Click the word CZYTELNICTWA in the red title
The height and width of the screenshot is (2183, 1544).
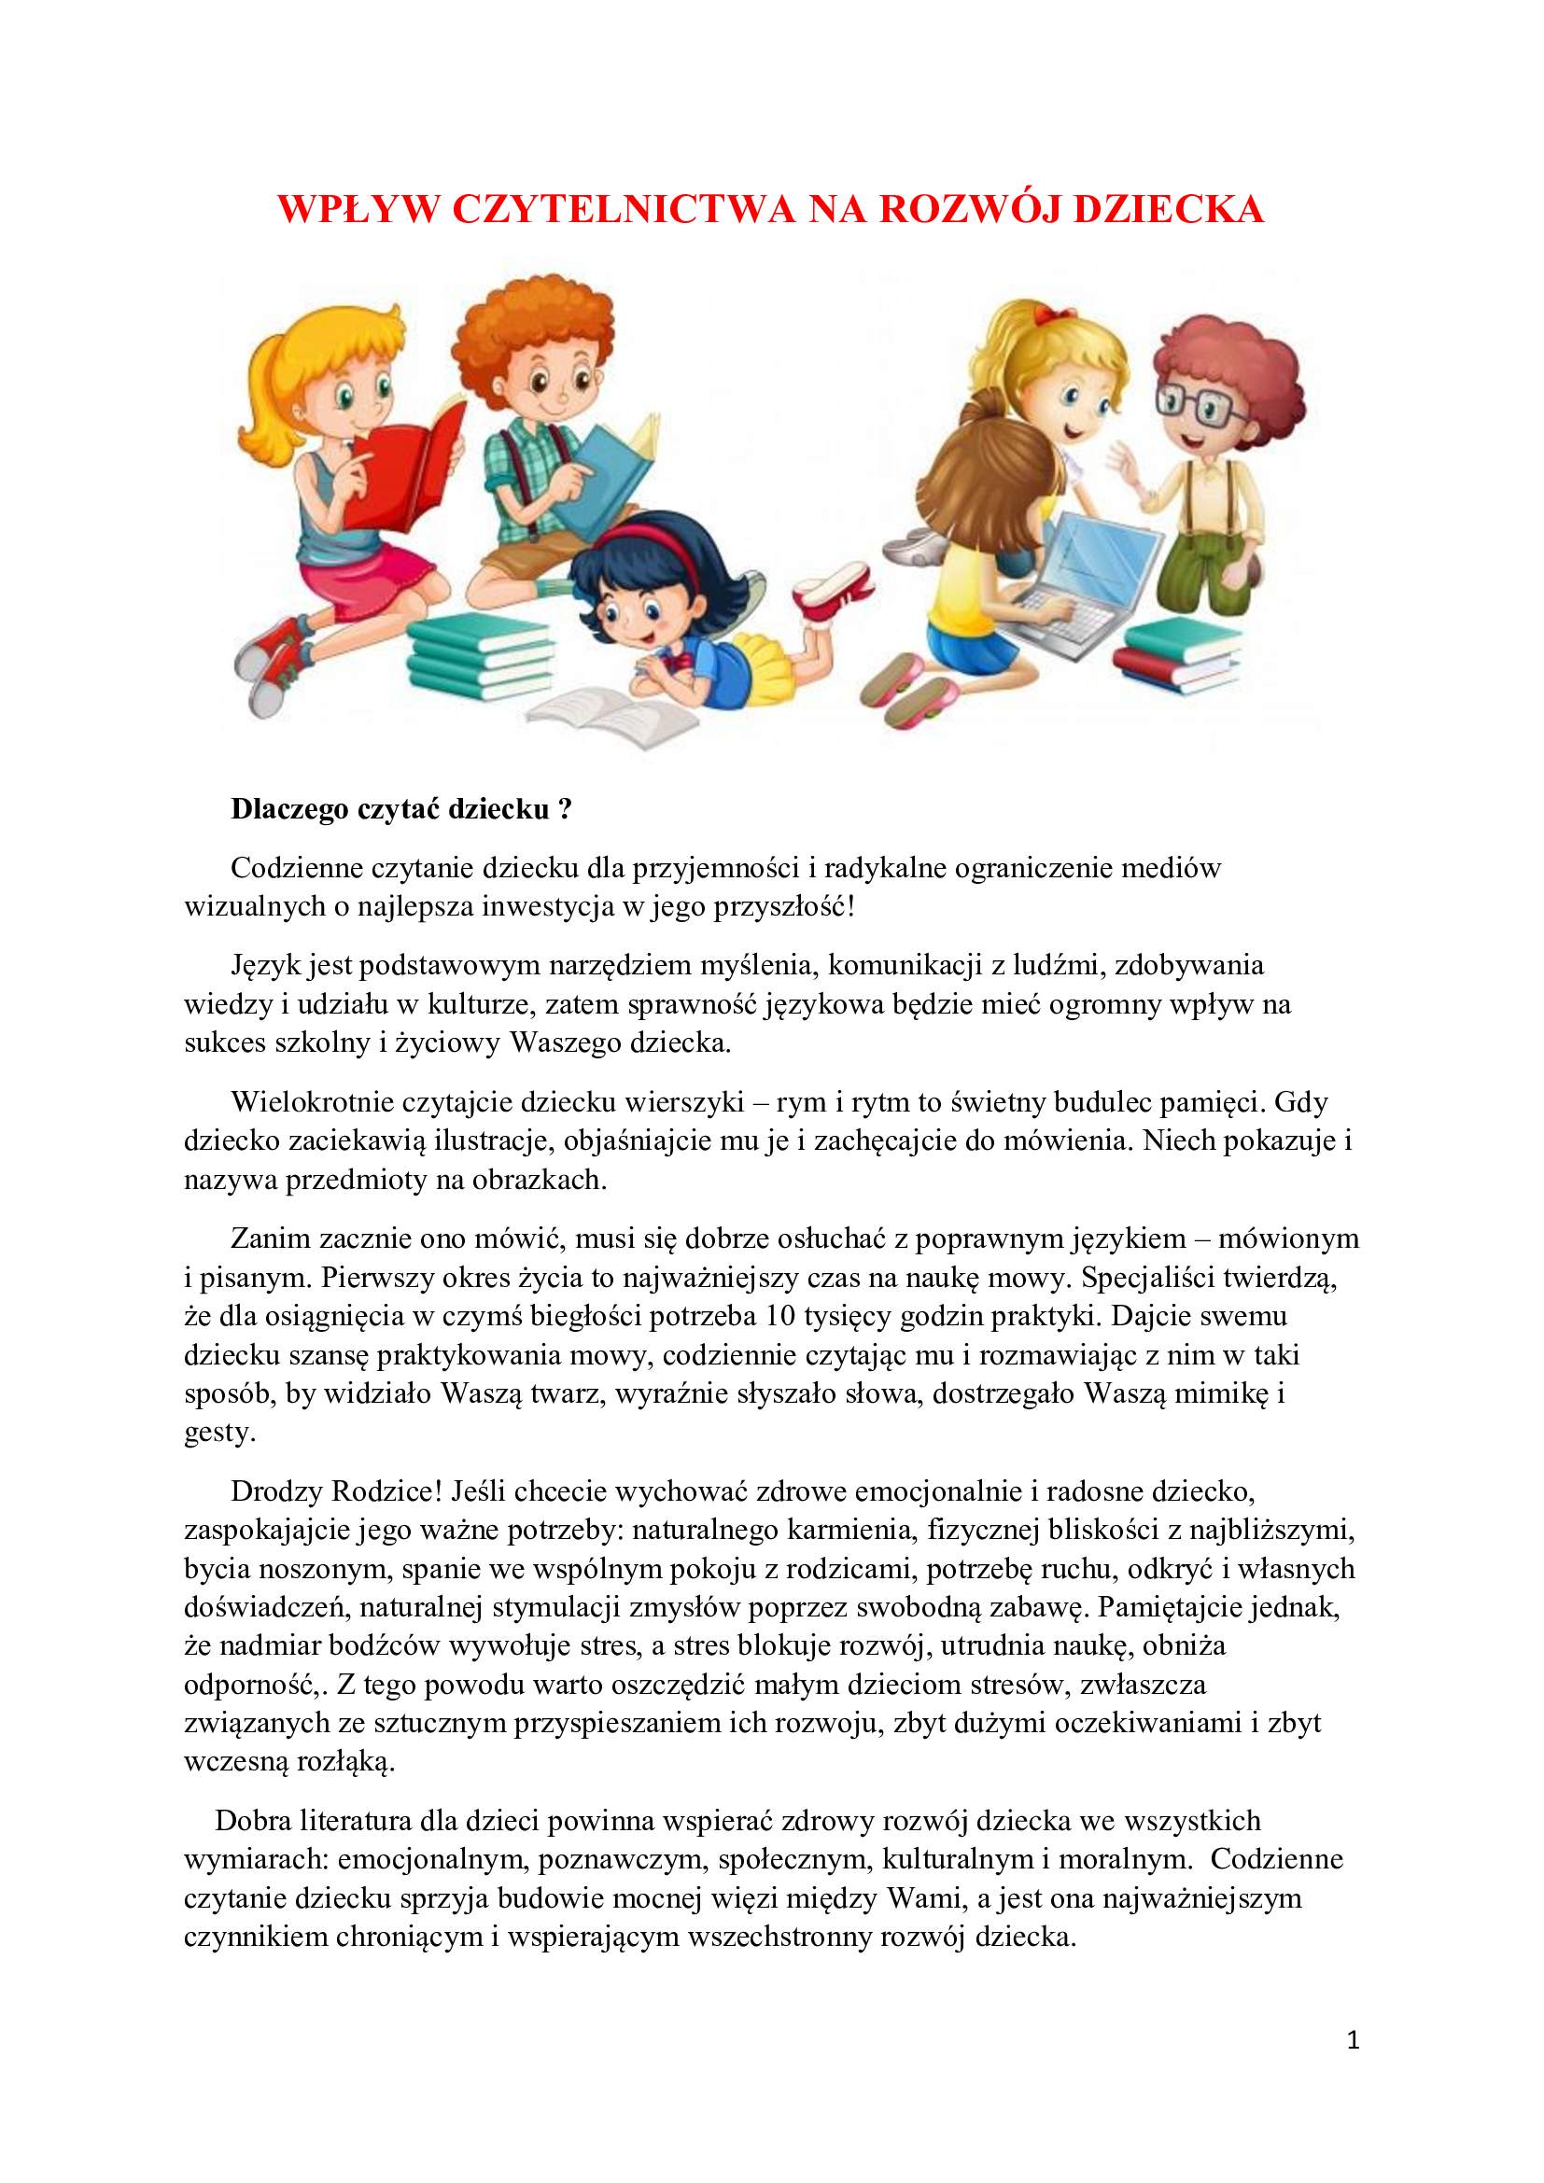[x=623, y=209]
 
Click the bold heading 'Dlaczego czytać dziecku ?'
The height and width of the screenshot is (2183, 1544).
[x=401, y=809]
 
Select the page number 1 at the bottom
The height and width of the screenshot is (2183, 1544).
[x=1353, y=2039]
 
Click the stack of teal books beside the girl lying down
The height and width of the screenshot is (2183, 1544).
[x=480, y=656]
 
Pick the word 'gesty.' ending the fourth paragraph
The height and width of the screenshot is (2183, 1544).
[x=218, y=1433]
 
